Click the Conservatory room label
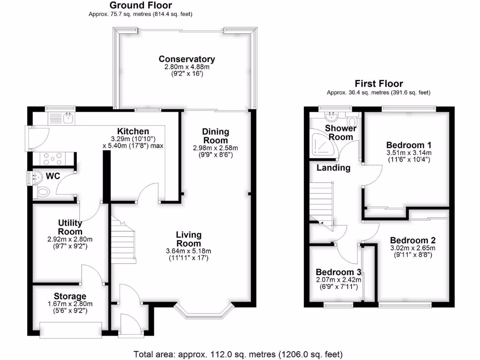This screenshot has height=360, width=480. pos(187,59)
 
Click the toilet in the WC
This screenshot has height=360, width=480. pos(42,191)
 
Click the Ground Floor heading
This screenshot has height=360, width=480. pos(140,6)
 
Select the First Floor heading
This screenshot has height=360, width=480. pos(378,84)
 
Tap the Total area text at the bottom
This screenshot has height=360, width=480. pos(238,353)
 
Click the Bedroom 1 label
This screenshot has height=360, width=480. pos(408,144)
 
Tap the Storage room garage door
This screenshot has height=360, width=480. pos(70,330)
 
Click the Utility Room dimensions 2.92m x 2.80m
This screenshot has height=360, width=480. pos(70,239)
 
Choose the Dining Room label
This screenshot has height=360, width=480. pos(215,135)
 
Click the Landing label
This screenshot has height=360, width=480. pos(333,168)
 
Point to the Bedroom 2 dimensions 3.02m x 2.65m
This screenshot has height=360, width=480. pos(412,248)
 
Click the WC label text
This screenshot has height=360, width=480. pos(52,177)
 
